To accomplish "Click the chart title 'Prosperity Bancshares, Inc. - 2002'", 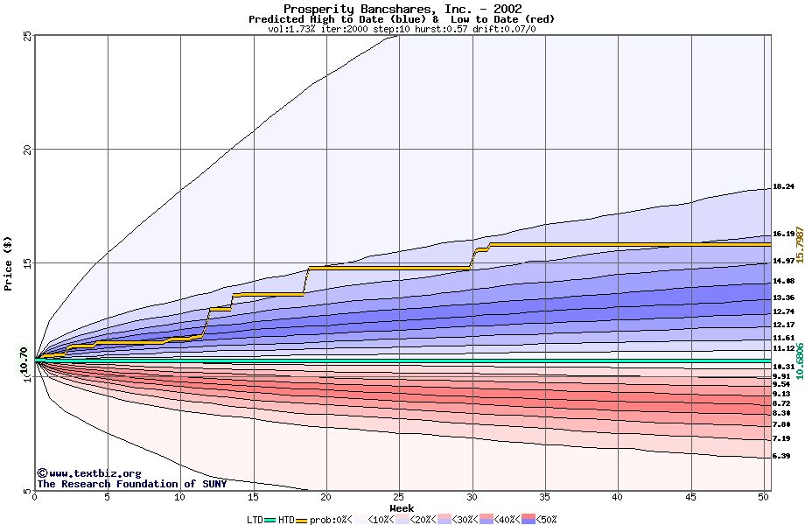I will (402, 9).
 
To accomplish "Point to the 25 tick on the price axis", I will (26, 35).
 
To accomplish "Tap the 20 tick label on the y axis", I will (26, 149).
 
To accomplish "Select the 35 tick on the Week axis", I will (545, 497).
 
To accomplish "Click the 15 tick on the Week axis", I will (254, 497).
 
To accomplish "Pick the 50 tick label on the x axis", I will (763, 497).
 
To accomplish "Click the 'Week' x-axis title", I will (402, 507).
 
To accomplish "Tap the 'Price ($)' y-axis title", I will (9, 262).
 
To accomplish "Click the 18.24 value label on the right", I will (783, 186).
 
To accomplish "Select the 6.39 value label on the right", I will (783, 456).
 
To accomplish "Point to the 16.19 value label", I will (783, 234).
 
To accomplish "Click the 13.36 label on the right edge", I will (783, 297).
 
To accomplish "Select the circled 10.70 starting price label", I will (24, 360).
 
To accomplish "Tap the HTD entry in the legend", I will (286, 520).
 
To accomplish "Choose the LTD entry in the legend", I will (255, 520).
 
